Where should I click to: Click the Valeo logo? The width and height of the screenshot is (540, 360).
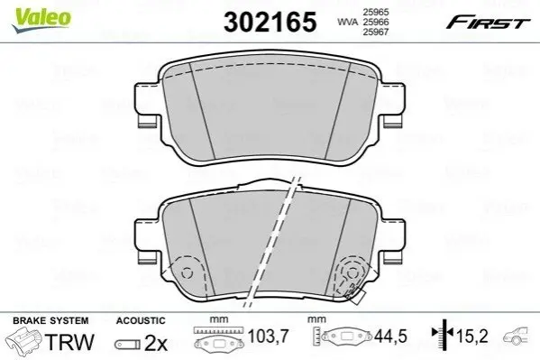tap(41, 20)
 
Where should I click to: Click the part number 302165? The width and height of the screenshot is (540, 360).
tap(270, 22)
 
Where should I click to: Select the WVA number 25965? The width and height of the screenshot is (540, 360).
tap(375, 12)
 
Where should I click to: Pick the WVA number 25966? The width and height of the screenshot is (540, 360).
tap(375, 22)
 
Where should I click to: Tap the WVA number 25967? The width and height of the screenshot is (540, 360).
tap(375, 32)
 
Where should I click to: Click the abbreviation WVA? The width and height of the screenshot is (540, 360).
tap(347, 22)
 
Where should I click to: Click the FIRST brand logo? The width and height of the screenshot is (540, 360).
tap(488, 23)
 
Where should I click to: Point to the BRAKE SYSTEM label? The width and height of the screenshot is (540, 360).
tap(50, 320)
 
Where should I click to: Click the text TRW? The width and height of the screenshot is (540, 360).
tap(69, 342)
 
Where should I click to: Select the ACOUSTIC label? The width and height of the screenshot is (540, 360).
tap(141, 320)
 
